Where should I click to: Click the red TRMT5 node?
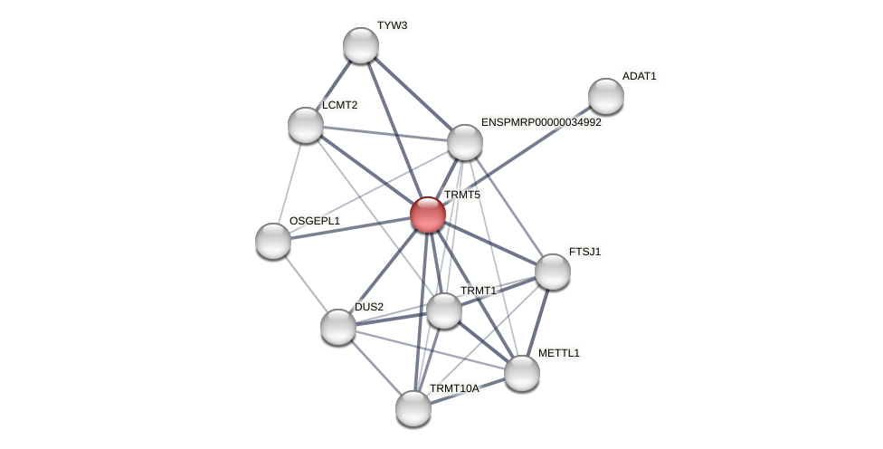(428, 215)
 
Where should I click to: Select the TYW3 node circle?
(361, 45)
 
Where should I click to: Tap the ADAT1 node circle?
(605, 96)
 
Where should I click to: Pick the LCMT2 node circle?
(306, 125)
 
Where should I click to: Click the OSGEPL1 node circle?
(273, 241)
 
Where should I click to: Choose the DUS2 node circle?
(338, 327)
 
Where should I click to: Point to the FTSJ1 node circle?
(553, 272)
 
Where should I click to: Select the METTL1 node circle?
(522, 373)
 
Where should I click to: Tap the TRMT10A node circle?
(413, 408)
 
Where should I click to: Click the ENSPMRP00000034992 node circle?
(465, 142)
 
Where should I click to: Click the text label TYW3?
(392, 25)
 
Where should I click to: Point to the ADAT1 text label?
(639, 76)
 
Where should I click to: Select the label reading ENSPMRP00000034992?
(541, 122)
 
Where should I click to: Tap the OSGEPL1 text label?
(314, 221)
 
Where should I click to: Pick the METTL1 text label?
(558, 353)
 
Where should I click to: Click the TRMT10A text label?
(454, 388)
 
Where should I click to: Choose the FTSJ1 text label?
(584, 252)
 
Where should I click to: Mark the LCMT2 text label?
(339, 105)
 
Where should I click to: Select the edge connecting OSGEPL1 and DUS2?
(306, 283)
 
